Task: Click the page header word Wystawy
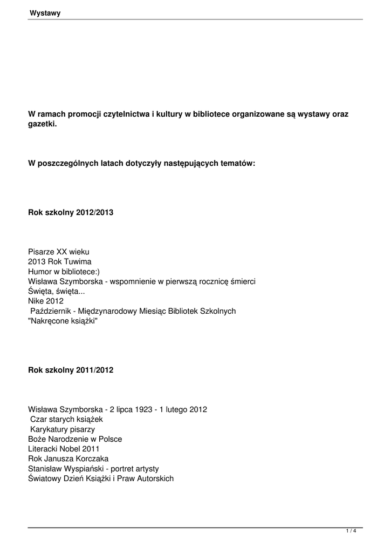45,14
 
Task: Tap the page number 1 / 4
351,531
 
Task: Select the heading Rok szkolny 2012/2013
71,213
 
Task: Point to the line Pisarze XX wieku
58,252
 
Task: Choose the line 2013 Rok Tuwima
60,261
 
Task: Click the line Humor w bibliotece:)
64,272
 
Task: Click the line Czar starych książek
66,419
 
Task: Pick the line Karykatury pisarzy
63,429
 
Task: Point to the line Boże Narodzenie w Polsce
75,439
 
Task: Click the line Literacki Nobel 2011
64,449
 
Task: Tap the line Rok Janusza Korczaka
68,458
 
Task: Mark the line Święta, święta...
56,291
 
